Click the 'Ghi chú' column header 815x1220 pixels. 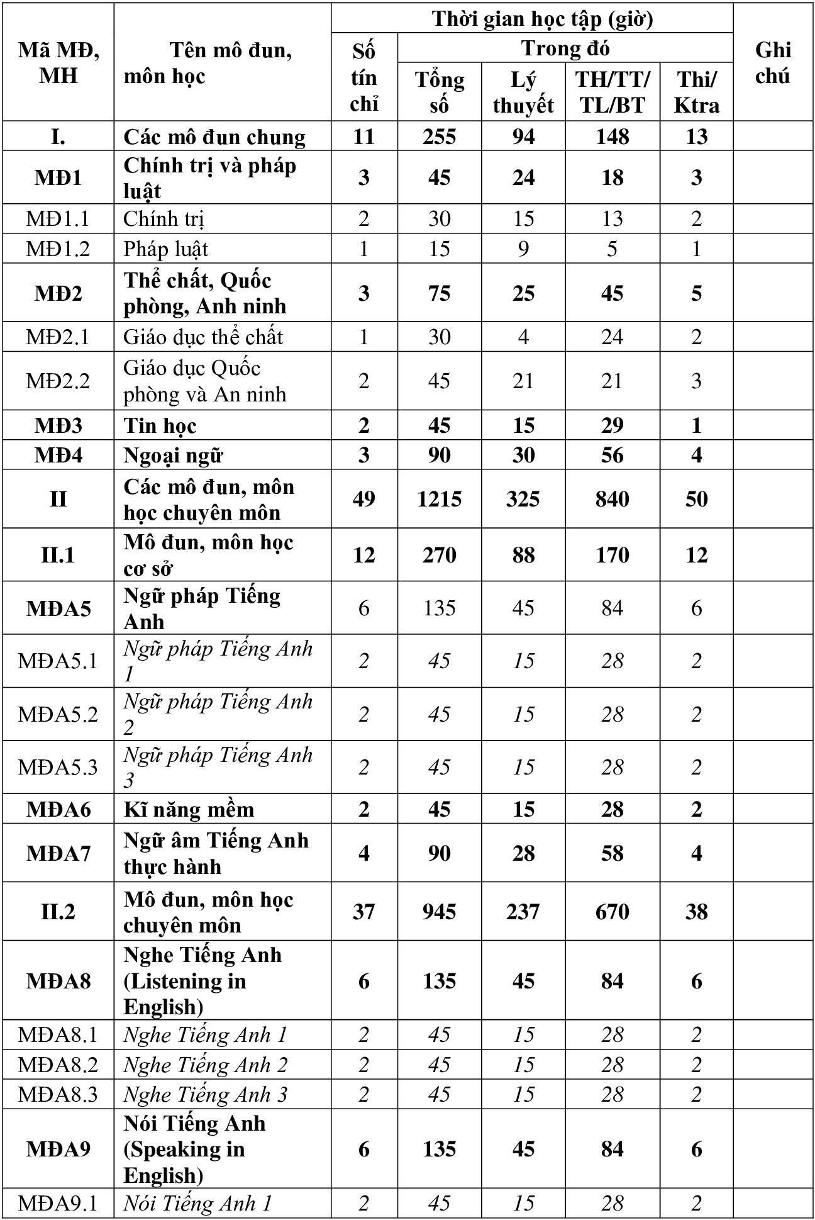[773, 62]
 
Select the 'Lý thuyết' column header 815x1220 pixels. [523, 92]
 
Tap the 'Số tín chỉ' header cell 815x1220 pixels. [364, 77]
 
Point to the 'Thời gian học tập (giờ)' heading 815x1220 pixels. [542, 19]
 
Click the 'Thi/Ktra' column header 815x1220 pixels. [696, 92]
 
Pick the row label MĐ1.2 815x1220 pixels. [58, 249]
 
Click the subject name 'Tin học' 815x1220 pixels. [160, 426]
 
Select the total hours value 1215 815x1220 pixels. [439, 499]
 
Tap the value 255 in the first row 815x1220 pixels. [439, 137]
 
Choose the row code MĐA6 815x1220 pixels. [58, 809]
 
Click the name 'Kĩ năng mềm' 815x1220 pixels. [189, 809]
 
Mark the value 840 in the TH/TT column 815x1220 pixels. [612, 499]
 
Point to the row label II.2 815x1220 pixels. [58, 912]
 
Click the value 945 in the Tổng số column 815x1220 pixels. [439, 912]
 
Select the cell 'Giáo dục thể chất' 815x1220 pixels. [203, 337]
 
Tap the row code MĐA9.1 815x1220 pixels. [58, 1204]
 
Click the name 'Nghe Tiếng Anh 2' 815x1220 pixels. [206, 1065]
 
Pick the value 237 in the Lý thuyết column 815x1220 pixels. [523, 912]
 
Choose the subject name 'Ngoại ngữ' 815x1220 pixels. [174, 456]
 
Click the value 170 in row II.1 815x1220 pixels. [612, 555]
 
